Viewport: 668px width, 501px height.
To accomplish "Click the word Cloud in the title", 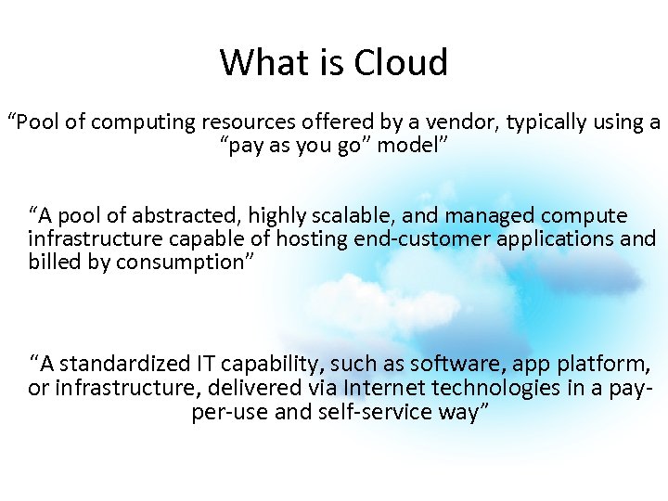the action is [x=402, y=63].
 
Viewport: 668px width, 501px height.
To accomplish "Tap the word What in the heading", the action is [x=256, y=63].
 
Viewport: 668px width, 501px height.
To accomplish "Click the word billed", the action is [x=53, y=263].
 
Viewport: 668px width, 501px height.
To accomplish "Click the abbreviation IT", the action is [x=206, y=363].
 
